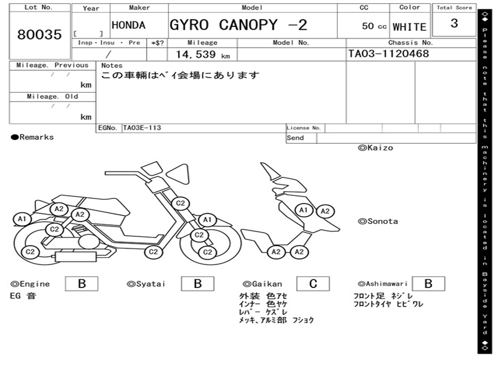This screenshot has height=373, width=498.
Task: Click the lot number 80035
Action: [x=39, y=35]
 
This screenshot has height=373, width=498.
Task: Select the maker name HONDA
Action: [x=128, y=26]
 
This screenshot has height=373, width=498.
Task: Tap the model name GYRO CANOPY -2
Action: [x=238, y=25]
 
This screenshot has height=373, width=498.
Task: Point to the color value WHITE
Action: [x=409, y=27]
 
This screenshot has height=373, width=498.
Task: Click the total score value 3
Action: [x=454, y=24]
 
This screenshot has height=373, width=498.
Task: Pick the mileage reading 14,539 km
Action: [x=202, y=55]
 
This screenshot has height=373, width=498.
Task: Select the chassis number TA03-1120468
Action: [x=389, y=54]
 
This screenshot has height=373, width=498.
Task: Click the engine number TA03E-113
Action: [x=142, y=128]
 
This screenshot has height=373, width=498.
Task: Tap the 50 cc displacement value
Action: [x=374, y=26]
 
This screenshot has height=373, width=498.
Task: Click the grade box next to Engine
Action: [x=81, y=284]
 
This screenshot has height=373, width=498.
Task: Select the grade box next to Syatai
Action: [x=197, y=284]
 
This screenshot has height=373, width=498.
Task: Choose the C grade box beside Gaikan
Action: [x=313, y=284]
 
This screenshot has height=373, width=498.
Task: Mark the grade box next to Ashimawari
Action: [x=428, y=284]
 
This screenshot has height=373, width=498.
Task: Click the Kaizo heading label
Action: [x=375, y=148]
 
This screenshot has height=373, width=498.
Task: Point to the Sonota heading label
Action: [x=378, y=221]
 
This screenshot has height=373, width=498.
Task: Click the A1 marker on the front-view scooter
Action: [x=304, y=210]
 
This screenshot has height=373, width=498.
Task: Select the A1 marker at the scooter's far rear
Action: [x=22, y=219]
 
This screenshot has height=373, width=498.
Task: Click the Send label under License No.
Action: [x=295, y=138]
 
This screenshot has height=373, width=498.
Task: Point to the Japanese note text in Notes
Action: [x=180, y=76]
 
